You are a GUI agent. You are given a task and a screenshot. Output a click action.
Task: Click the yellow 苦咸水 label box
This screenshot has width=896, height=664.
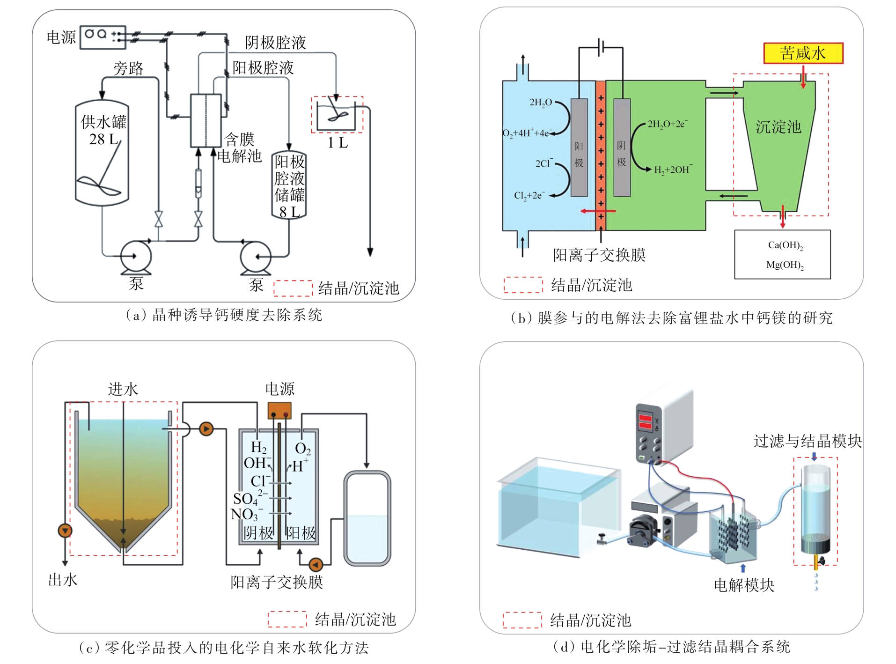tap(802, 53)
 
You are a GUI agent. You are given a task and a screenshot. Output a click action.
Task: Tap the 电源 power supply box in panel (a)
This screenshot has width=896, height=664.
tap(103, 37)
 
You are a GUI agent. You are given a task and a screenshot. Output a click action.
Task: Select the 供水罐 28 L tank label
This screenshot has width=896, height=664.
tap(103, 130)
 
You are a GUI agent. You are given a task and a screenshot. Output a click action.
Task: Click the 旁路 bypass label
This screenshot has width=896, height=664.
tap(128, 69)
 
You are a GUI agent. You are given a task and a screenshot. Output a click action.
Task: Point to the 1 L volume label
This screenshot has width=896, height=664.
tap(338, 142)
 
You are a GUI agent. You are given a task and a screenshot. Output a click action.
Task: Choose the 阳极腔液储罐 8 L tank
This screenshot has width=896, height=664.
tap(289, 186)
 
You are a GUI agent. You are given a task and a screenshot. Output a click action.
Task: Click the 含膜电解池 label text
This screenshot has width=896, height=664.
tap(239, 147)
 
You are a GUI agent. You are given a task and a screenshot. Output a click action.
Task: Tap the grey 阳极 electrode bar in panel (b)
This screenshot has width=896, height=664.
tap(579, 148)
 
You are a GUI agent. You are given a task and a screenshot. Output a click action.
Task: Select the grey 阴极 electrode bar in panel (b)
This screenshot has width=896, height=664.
tap(622, 148)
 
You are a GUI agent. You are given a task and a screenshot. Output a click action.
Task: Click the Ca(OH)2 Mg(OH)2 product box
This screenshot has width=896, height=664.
tap(782, 254)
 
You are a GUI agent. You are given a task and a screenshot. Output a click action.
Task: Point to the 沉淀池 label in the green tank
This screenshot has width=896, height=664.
tap(778, 126)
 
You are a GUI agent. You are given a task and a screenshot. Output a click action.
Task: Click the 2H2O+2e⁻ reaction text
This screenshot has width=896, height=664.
tap(668, 124)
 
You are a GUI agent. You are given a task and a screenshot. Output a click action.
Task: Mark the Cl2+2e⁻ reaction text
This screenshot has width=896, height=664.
tap(529, 195)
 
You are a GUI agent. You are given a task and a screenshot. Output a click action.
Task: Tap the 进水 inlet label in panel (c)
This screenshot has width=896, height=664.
tap(123, 389)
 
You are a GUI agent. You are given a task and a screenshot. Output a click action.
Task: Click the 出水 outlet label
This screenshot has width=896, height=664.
tap(63, 580)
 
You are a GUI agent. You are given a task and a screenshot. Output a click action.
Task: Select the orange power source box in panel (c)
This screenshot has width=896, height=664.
tap(279, 411)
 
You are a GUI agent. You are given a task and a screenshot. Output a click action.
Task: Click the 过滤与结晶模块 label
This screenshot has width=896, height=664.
tap(807, 441)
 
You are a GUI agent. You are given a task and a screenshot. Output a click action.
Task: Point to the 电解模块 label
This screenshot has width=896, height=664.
tap(744, 585)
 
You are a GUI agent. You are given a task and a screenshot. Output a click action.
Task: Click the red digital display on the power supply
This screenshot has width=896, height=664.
tap(645, 421)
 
